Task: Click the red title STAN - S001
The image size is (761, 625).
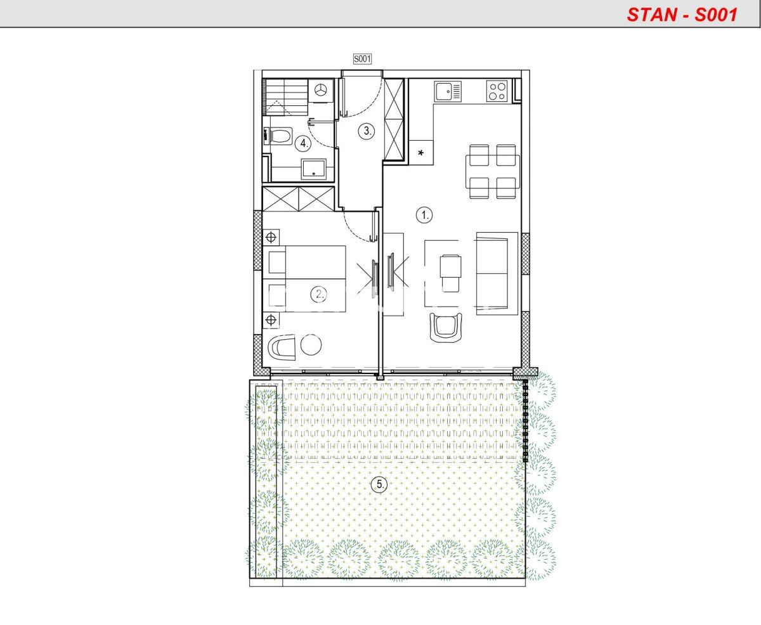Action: [x=682, y=15]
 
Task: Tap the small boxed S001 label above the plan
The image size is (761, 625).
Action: [x=362, y=59]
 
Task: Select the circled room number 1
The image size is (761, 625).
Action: [x=424, y=216]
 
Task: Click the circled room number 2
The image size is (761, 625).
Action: [x=319, y=295]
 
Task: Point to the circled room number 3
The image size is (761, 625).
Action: [x=367, y=131]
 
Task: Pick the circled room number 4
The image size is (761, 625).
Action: [x=303, y=143]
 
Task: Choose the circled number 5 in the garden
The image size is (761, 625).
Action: [x=380, y=484]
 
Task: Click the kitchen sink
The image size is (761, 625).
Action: [x=448, y=91]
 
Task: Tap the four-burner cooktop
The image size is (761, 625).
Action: [x=497, y=91]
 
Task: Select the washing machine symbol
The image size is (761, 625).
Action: [x=320, y=90]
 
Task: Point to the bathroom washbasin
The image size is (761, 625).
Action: [x=314, y=169]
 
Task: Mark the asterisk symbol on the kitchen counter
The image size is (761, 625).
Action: [x=420, y=153]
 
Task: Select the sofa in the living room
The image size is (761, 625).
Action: [x=497, y=274]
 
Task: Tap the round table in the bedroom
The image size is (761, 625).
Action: [x=311, y=345]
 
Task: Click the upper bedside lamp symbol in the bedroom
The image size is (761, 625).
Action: [x=271, y=237]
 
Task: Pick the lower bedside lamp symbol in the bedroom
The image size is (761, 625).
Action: [x=271, y=319]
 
